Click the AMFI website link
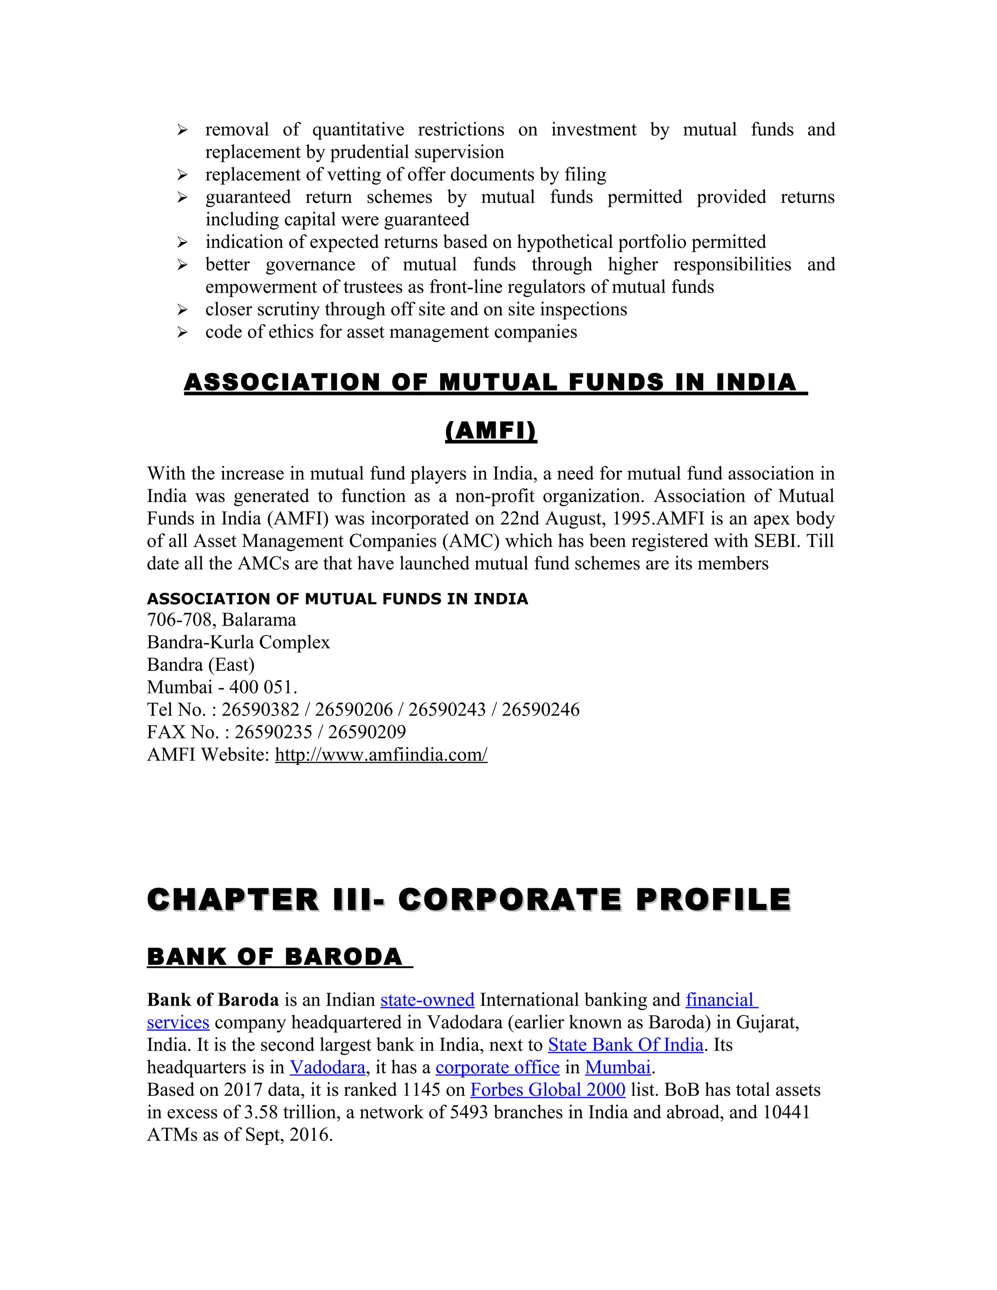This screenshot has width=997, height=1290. [x=381, y=755]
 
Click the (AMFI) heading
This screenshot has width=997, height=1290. [x=491, y=431]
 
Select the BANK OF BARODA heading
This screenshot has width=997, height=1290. [x=275, y=958]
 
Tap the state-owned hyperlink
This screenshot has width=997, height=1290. [x=427, y=1000]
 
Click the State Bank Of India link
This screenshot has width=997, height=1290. [x=626, y=1045]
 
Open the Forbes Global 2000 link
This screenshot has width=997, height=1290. [x=548, y=1090]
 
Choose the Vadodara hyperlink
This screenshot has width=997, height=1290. [x=327, y=1068]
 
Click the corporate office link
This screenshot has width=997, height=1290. [x=498, y=1068]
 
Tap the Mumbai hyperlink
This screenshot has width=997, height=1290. [x=618, y=1068]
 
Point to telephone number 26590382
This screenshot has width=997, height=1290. [x=260, y=709]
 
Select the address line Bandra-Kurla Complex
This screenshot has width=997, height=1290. [x=238, y=642]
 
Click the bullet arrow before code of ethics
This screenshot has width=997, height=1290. [x=183, y=332]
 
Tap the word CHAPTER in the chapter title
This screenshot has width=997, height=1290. [x=233, y=900]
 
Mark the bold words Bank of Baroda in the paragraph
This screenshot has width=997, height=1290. [x=213, y=1000]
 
